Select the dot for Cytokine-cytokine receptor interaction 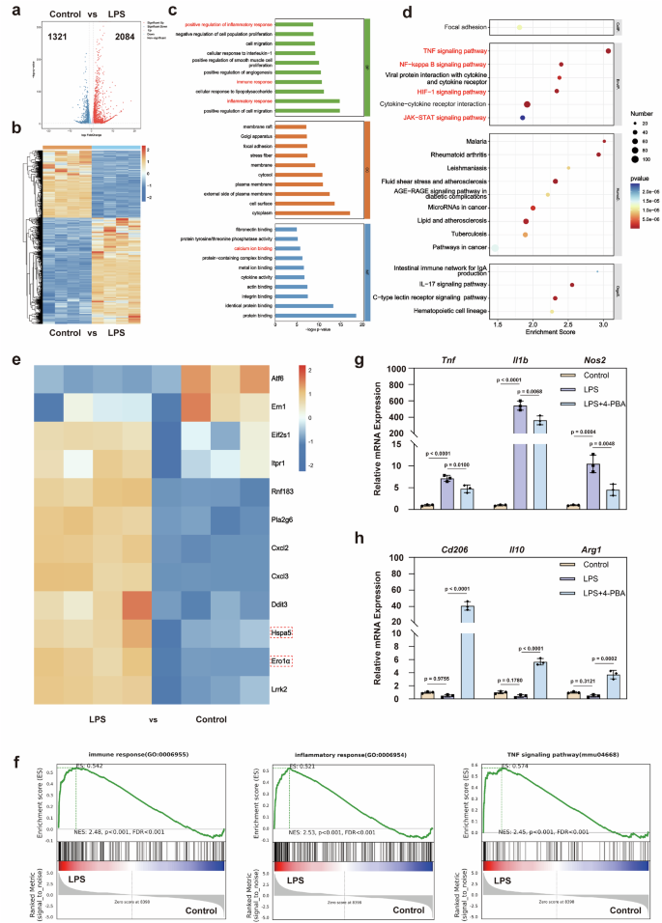(x=527, y=103)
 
